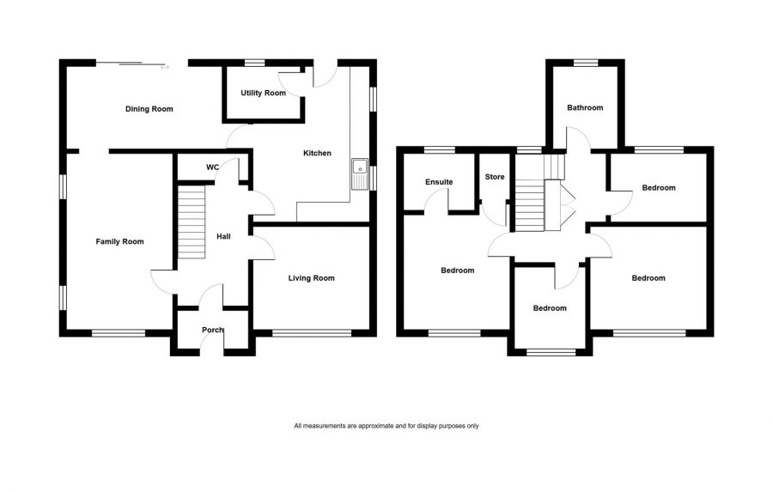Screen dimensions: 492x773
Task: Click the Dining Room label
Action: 149,109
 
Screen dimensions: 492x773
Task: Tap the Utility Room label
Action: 263,93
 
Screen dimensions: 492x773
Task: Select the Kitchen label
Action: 317,154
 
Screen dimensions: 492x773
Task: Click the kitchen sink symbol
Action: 359,174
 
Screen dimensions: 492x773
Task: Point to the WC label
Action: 213,167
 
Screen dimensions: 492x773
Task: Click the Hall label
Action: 223,237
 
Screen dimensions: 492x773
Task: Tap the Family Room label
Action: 119,242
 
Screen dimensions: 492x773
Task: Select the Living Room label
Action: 311,278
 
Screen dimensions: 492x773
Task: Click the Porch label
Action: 212,331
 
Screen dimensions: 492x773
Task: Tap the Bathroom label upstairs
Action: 585,108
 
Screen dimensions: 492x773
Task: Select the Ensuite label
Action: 439,182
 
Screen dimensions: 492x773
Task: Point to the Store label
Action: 495,178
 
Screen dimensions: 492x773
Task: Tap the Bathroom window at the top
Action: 586,62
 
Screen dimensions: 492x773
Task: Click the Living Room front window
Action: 311,333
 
